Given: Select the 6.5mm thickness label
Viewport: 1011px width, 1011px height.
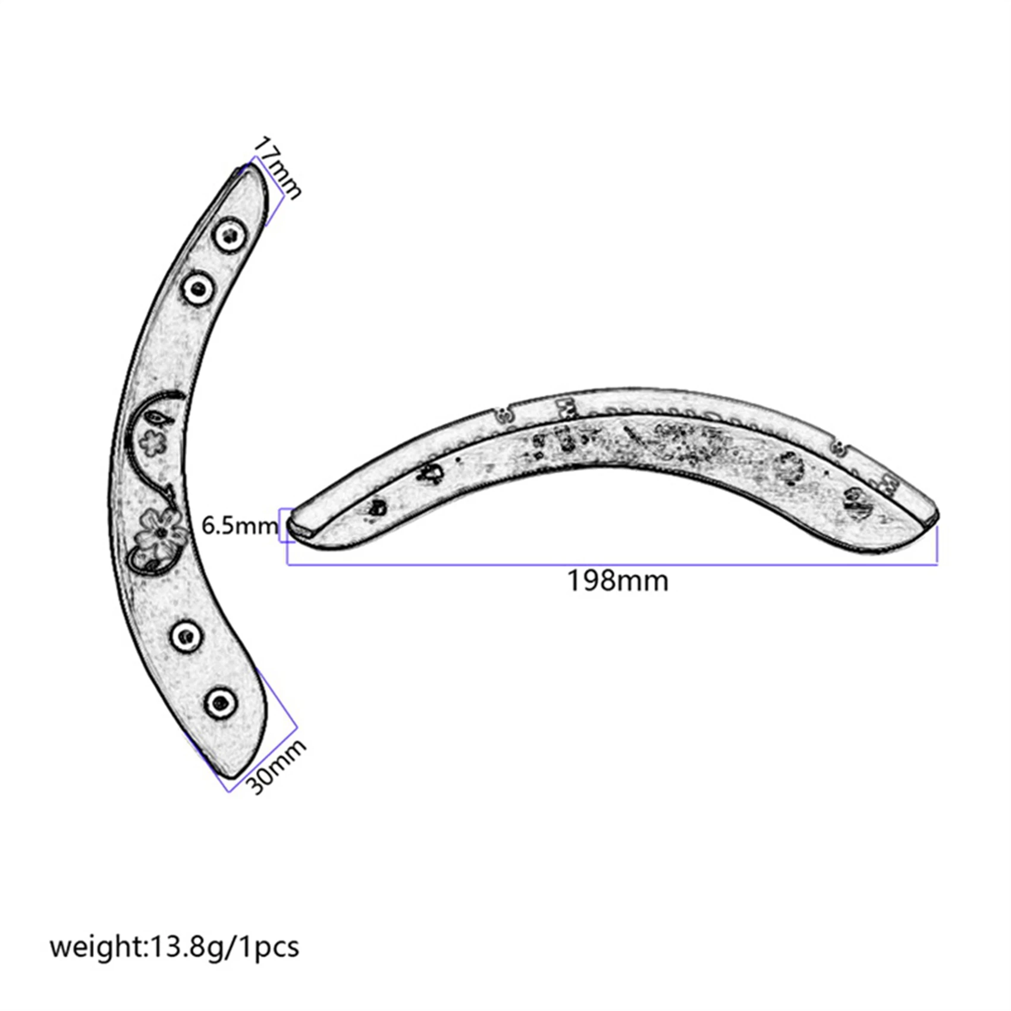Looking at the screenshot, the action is coord(239,526).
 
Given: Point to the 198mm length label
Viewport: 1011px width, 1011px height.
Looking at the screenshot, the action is coord(617,581).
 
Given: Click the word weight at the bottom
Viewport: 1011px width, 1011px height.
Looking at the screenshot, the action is coord(96,946).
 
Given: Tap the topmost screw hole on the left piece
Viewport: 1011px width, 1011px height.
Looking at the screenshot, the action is coord(230,237).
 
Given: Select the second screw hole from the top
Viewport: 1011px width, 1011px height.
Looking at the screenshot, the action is coord(198,290).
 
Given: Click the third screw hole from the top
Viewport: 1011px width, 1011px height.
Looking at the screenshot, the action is coord(186,637).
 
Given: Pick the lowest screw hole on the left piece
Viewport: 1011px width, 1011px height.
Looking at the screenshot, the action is coord(221,704).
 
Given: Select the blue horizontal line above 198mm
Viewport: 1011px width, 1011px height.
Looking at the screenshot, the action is coord(613,563).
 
